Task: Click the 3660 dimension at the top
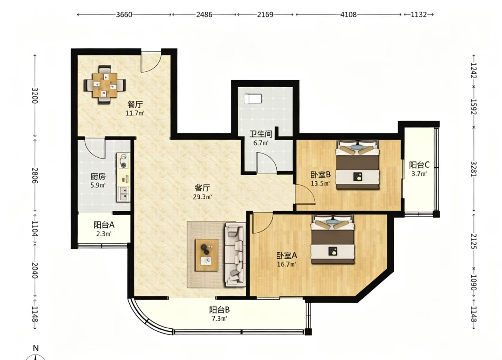click(x=124, y=15)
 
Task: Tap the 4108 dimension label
click(x=348, y=15)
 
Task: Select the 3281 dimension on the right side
click(x=473, y=169)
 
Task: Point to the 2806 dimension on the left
click(x=34, y=175)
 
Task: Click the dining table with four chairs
click(x=105, y=85)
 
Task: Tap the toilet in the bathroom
click(x=253, y=99)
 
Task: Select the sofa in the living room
click(x=235, y=254)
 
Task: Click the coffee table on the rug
click(x=206, y=255)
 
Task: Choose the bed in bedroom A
click(x=333, y=240)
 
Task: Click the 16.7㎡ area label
click(x=286, y=264)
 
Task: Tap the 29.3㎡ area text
click(x=202, y=197)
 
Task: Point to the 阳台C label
click(x=419, y=165)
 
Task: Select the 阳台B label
click(x=220, y=310)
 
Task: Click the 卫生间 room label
click(x=261, y=134)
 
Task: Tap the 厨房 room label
click(x=98, y=177)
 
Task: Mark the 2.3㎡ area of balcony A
click(x=104, y=234)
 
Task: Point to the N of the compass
click(x=36, y=348)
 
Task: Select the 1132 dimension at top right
click(x=419, y=15)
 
